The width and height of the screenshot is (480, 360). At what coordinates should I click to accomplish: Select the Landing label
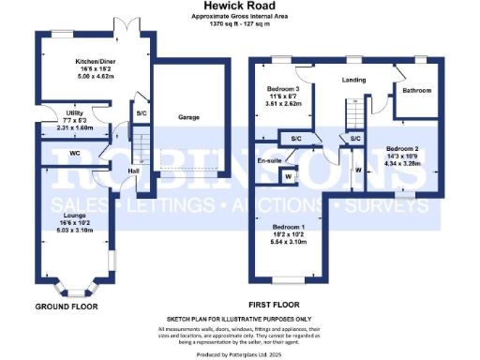[x=354, y=81]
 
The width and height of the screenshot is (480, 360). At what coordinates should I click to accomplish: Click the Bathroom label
[x=417, y=91]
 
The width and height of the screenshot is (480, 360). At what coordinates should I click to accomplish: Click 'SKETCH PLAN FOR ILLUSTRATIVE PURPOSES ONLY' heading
[x=239, y=320]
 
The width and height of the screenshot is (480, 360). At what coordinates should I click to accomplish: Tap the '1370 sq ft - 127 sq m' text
[x=240, y=22]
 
